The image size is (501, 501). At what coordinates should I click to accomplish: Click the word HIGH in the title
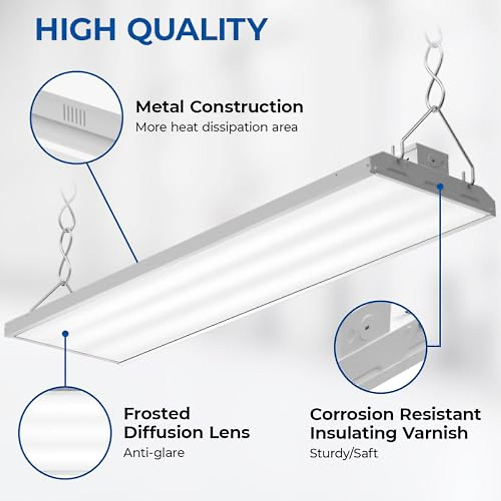pos(77,29)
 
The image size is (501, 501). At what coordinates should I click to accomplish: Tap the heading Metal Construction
pos(219,107)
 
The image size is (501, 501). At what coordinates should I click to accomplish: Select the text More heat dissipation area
pos(216,127)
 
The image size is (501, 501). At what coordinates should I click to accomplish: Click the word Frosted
pos(157,414)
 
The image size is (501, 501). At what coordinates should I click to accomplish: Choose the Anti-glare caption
pos(154,453)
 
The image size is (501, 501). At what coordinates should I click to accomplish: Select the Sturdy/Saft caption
pos(344,453)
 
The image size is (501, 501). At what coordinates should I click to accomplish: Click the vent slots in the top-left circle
pos(75,115)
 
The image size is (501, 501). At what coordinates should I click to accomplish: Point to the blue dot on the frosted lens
pos(65,333)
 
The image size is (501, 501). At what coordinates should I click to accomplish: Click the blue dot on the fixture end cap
pos(440,185)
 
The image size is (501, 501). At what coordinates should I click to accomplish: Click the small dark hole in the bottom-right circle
pos(367,329)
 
